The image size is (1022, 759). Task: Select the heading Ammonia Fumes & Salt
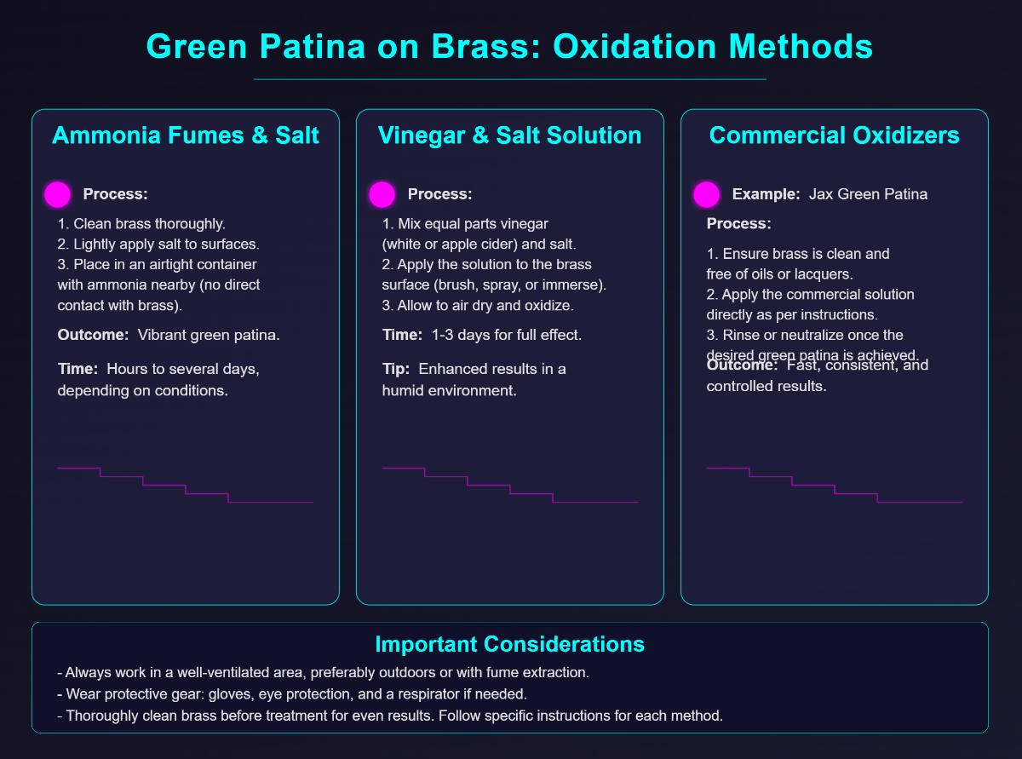click(186, 135)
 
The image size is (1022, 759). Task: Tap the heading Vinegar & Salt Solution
click(510, 135)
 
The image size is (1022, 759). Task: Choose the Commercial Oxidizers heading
click(835, 135)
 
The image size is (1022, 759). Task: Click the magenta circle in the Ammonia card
click(57, 194)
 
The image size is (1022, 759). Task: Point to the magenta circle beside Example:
click(706, 194)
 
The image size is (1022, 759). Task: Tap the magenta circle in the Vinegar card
click(382, 194)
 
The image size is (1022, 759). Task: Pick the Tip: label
click(397, 369)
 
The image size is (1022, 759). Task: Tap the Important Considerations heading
click(509, 643)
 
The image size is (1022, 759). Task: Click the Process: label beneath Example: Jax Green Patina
click(739, 224)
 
